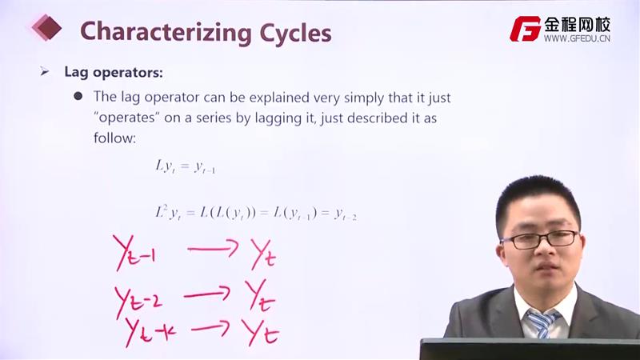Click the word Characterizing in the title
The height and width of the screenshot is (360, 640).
(x=166, y=33)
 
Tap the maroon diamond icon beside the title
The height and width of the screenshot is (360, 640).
(x=47, y=27)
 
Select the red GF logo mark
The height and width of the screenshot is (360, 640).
(x=525, y=29)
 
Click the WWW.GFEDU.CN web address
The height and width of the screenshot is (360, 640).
(x=577, y=38)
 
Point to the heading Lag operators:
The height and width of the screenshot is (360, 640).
(x=114, y=72)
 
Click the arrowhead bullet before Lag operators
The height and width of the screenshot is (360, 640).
(x=45, y=72)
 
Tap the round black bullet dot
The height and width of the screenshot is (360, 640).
(x=78, y=96)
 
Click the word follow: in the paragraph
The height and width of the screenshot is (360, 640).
(x=114, y=138)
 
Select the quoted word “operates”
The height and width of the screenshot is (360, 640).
(x=126, y=118)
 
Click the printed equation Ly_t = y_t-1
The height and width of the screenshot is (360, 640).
(x=186, y=166)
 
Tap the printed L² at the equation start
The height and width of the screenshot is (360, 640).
(x=162, y=211)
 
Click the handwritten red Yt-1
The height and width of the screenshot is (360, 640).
(x=134, y=253)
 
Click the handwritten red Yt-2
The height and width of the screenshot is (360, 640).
(x=138, y=302)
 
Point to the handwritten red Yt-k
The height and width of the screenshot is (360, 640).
(x=150, y=331)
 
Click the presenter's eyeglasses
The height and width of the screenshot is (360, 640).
(x=541, y=239)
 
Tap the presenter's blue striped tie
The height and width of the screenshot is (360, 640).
(x=542, y=323)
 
